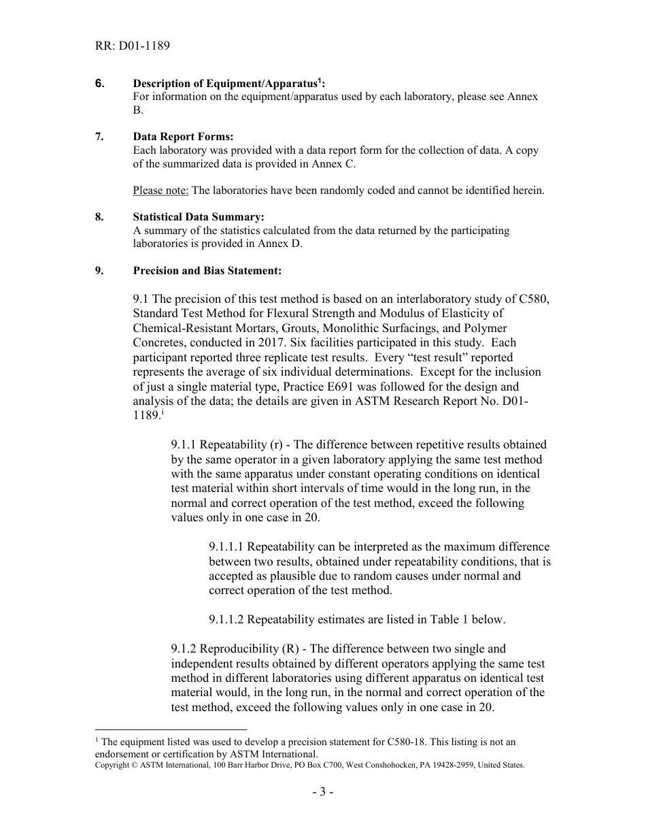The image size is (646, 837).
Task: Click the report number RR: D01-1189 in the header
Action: pos(133,46)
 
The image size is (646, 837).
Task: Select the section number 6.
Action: pos(99,83)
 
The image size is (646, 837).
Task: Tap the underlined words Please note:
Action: pos(160,191)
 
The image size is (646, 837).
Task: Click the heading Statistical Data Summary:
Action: pos(198,217)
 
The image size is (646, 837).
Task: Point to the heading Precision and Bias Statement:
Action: pos(207,270)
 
